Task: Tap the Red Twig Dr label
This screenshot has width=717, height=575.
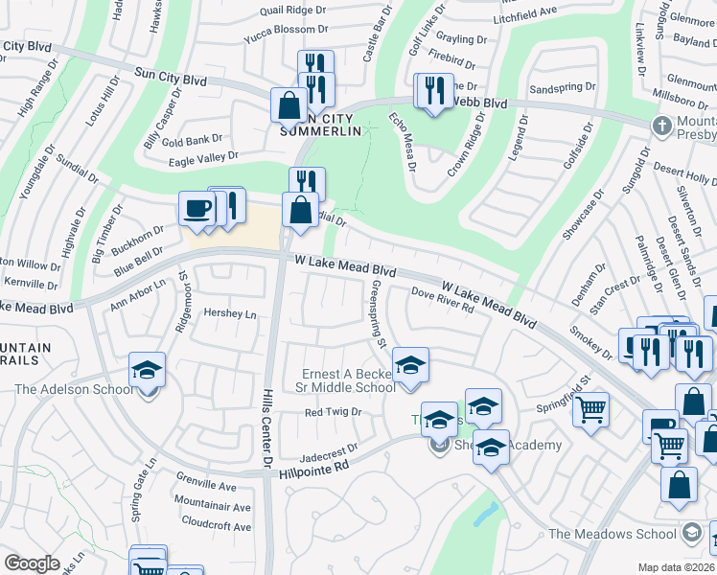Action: click(x=332, y=412)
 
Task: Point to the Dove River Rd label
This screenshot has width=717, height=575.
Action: click(x=443, y=301)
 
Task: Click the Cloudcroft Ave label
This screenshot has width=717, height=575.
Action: click(x=215, y=526)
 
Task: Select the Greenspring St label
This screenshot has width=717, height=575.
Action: click(x=377, y=314)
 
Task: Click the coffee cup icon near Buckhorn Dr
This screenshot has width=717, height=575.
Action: click(x=197, y=210)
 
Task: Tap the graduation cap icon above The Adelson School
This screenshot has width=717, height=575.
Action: click(x=147, y=370)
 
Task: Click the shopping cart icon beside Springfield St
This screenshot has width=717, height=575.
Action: click(x=590, y=409)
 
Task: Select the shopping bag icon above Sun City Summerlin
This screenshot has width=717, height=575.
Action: click(x=289, y=105)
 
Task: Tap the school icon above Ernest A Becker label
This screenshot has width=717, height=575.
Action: click(x=410, y=365)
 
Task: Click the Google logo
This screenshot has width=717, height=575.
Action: click(x=32, y=563)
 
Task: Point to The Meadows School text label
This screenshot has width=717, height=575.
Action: click(x=613, y=534)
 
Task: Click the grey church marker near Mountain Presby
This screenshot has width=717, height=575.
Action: click(x=661, y=126)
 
